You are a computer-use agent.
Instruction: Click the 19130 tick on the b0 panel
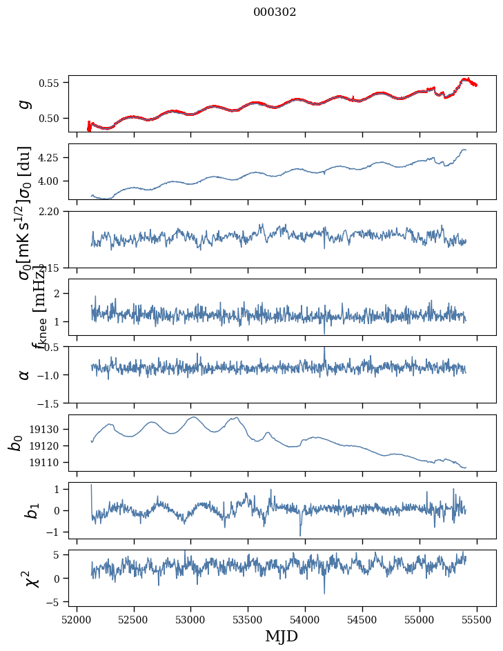[x=47, y=429]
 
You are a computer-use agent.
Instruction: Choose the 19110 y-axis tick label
[x=47, y=462]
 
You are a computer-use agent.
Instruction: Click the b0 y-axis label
[x=15, y=443]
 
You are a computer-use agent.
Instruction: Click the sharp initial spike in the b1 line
[x=91, y=487]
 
